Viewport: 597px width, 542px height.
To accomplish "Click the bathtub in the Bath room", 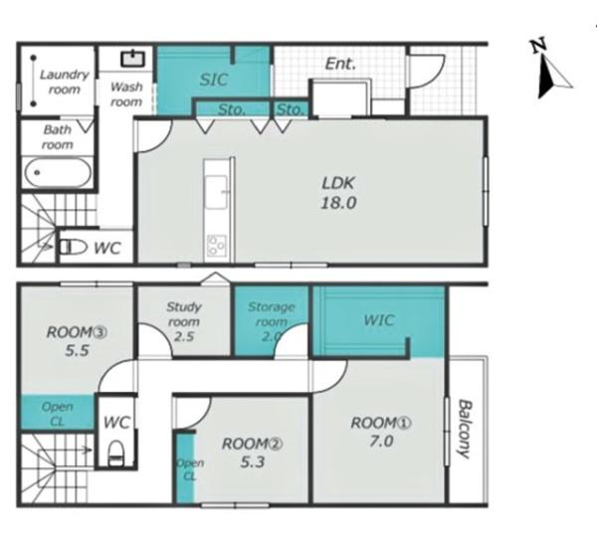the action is (58, 173).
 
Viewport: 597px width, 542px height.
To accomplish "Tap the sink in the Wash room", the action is (133, 59).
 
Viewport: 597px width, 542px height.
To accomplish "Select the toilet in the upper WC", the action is (73, 247).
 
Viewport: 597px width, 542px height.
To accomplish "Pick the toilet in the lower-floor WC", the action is (115, 452).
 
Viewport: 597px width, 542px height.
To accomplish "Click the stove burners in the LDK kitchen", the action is (217, 246).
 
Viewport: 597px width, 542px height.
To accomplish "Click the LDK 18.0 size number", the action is (338, 203).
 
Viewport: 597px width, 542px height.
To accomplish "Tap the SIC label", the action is (214, 80).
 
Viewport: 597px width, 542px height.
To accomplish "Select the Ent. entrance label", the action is (340, 64).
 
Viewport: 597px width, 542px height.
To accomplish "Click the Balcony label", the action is (464, 429).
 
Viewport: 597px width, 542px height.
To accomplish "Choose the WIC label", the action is (378, 320).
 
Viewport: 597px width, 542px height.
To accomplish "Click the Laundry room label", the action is (64, 82).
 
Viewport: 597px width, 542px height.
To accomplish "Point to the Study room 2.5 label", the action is (184, 321).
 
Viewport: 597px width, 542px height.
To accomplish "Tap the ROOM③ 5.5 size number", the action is (77, 350).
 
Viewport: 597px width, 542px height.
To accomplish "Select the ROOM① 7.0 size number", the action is (381, 442).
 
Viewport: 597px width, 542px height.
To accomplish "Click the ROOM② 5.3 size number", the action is (253, 462).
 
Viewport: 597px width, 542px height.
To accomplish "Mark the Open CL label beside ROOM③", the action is (57, 414).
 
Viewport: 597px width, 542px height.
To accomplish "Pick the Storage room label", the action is (271, 314).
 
